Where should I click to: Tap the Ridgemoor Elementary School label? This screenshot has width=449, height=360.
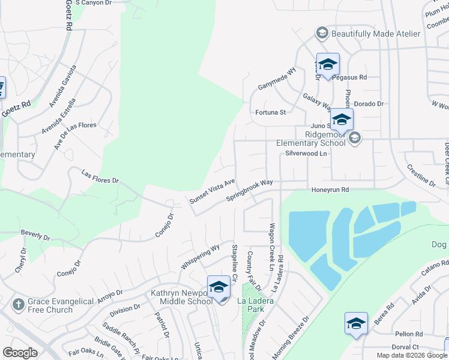(x=310, y=139)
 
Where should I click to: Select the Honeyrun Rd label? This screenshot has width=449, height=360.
(x=330, y=190)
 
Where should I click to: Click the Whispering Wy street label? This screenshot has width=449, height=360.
(x=200, y=257)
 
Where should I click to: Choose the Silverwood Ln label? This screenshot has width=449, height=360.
(x=306, y=154)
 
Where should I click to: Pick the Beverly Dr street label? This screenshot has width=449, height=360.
(x=35, y=235)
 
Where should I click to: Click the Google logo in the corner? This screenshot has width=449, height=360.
(x=20, y=352)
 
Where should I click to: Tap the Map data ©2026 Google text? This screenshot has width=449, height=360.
(x=412, y=355)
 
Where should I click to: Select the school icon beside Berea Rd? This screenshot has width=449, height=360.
(x=356, y=323)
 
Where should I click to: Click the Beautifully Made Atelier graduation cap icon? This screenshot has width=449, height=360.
(x=322, y=33)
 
